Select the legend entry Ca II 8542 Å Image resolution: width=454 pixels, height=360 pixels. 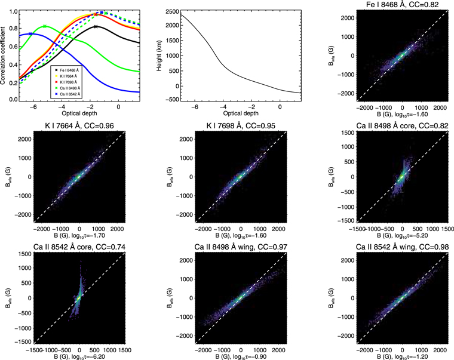[x=70, y=94]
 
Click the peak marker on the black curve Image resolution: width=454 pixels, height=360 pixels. [x=96, y=26]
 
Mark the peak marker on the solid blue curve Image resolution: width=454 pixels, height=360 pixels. [x=30, y=34]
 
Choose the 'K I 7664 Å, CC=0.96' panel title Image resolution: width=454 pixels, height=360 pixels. [x=79, y=127]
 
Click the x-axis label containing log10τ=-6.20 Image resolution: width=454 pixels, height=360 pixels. [x=79, y=356]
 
